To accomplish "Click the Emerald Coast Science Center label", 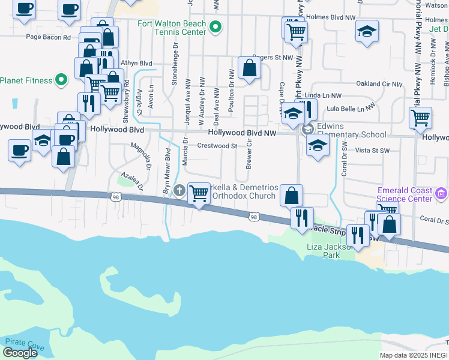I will pyautogui.click(x=405, y=195).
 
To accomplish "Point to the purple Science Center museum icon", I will pyautogui.click(x=442, y=193).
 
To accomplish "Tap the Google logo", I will pyautogui.click(x=20, y=353).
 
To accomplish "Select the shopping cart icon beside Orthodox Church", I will pyautogui.click(x=199, y=193).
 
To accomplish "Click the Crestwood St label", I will pyautogui.click(x=217, y=146).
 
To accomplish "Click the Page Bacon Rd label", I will pyautogui.click(x=48, y=37).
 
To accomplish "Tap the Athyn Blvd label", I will pyautogui.click(x=136, y=63).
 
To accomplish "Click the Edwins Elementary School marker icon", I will pyautogui.click(x=308, y=130).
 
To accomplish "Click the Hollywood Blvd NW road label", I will pyautogui.click(x=241, y=133).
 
